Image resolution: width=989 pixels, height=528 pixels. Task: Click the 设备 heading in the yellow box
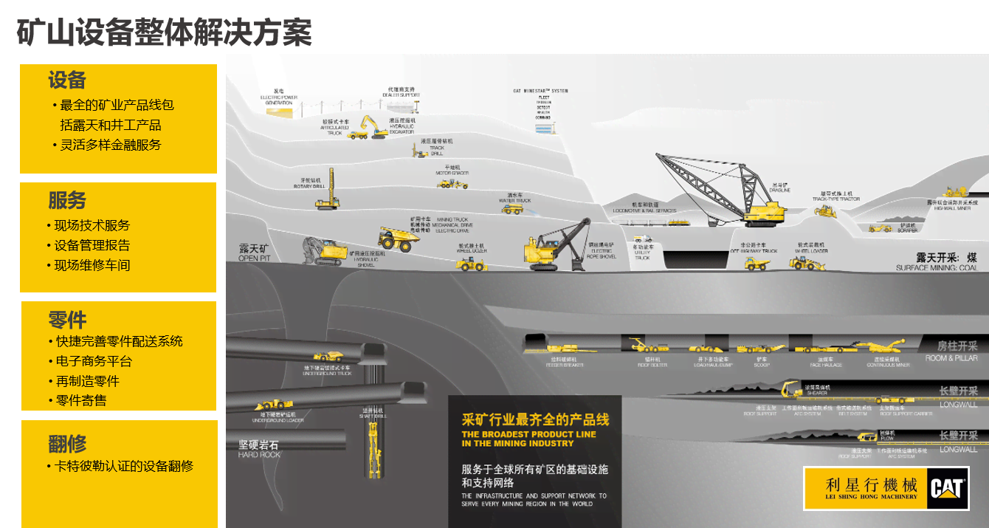[x=67, y=80]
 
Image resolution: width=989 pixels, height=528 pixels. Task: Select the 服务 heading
[x=67, y=200]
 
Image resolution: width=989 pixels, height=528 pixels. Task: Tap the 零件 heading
[x=67, y=320]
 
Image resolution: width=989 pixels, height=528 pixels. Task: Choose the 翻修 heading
[x=67, y=444]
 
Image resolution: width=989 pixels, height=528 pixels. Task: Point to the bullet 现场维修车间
[x=92, y=265]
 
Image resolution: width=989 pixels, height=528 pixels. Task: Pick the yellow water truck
[x=512, y=209]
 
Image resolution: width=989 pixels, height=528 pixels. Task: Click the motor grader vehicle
[x=452, y=183]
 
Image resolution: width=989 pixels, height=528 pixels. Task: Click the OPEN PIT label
[x=255, y=253]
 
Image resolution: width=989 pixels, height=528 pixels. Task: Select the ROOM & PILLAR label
[x=951, y=358]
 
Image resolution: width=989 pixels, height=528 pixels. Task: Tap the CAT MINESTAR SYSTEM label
[x=541, y=91]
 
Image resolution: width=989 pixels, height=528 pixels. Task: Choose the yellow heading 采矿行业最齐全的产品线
[x=535, y=419]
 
